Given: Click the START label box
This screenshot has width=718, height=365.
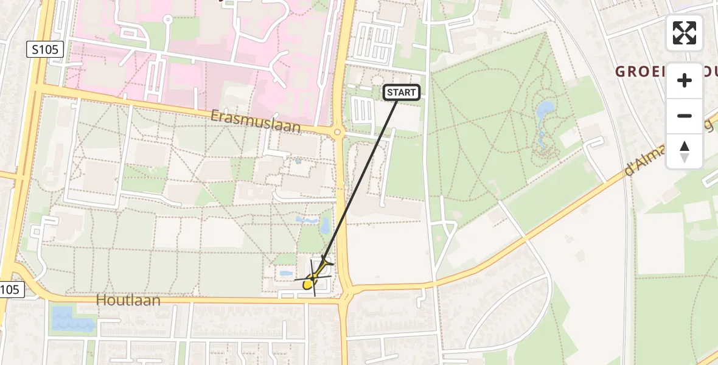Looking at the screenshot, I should coord(402,92).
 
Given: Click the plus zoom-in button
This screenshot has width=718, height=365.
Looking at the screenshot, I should coord(685,80).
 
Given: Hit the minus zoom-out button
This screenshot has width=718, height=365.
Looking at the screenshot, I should coord(685,116).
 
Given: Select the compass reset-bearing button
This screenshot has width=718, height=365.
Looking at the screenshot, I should coord(685,151).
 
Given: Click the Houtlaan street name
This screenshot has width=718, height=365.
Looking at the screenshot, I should coord(128,300).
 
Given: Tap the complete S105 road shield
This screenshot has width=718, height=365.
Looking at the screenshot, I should coord(46,50).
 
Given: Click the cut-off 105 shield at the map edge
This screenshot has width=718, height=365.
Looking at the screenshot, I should coord(12,290).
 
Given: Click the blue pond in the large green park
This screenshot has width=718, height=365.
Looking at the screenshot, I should coord(544,110).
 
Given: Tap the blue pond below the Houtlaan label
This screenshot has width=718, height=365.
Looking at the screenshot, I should coord(72,319).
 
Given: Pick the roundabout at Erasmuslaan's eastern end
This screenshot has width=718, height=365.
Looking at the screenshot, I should coord(337,132).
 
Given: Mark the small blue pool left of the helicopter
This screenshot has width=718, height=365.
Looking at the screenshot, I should coord(284,274).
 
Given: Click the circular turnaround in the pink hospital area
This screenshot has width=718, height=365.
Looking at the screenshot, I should coord(169,19).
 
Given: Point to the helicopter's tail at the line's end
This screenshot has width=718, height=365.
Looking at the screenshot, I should coord(326,263).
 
